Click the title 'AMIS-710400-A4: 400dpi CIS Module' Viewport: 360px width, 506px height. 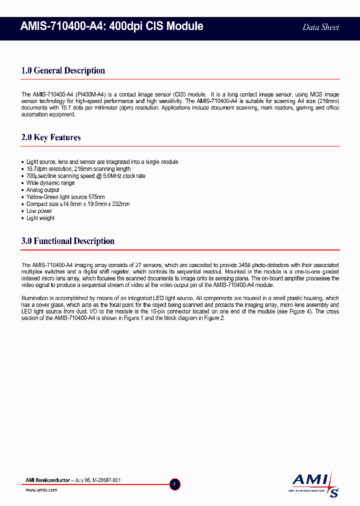[112, 26]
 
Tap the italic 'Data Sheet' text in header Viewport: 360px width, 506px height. [320, 27]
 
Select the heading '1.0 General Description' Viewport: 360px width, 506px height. [63, 70]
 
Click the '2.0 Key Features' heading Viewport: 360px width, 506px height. [51, 137]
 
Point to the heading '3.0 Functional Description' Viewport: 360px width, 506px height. [68, 241]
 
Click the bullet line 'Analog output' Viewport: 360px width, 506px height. [42, 190]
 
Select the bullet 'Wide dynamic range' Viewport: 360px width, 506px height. [50, 183]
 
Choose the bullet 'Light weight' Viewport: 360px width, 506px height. [40, 218]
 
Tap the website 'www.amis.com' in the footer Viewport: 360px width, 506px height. [41, 490]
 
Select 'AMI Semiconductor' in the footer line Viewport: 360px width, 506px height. [48, 480]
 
